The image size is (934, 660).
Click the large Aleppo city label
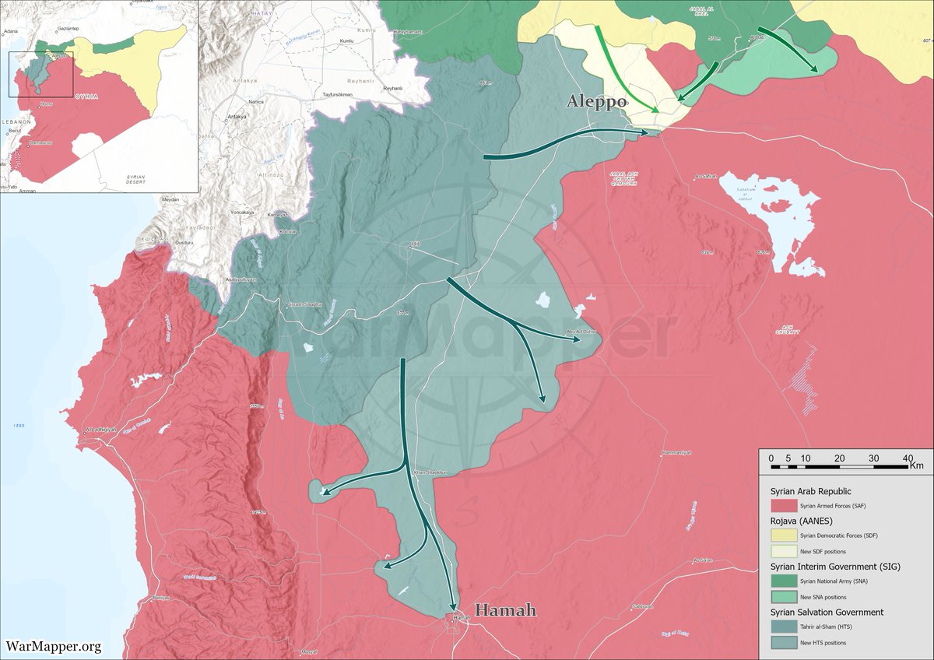[597, 102]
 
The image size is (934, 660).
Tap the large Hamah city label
[505, 610]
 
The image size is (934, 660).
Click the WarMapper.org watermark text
[54, 646]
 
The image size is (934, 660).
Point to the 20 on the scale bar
[839, 458]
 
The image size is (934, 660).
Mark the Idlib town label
[415, 244]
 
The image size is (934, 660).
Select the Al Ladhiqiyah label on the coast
[101, 430]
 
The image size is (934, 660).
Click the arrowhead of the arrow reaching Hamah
[453, 608]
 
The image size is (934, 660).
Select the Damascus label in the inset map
[41, 144]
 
